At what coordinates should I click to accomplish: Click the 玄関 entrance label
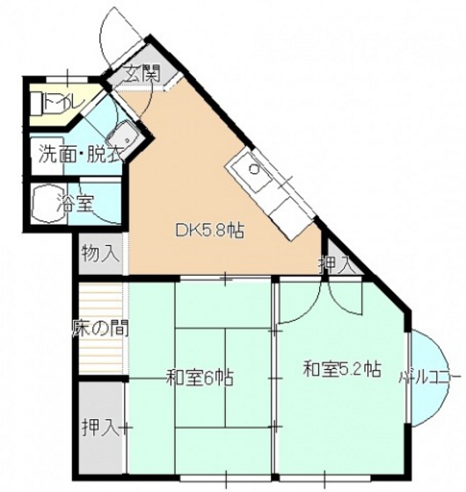coord(141,74)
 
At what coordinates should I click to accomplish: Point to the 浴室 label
coord(76,204)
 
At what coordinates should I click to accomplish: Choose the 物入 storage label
coord(99,255)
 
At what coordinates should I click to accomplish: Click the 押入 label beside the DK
coord(338,262)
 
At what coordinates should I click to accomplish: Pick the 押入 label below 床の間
coord(99,428)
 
